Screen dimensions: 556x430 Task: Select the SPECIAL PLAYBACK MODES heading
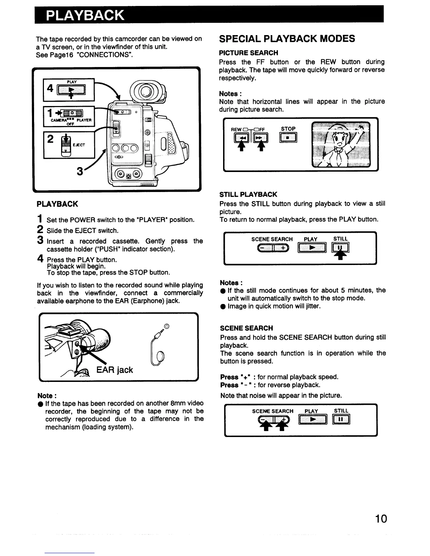287,39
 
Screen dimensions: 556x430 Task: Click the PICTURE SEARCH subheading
248,53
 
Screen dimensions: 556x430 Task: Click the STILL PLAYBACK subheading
248,194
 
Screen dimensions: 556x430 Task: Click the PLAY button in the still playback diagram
311,249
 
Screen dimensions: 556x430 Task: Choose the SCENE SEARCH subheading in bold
246,328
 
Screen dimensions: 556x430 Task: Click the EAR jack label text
115,370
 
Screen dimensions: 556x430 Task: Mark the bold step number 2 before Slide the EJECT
40,230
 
